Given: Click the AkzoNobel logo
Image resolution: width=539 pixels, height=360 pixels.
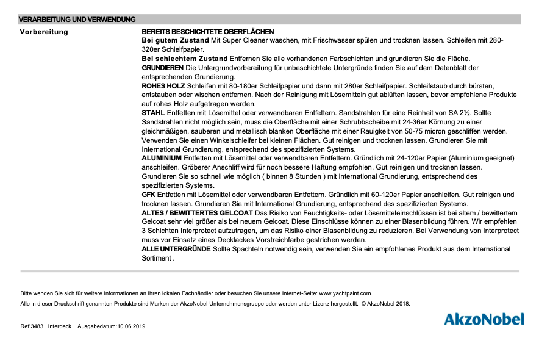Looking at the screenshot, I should point(484,319).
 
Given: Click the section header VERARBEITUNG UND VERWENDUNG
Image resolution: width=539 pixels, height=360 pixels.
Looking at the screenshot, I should point(77,20).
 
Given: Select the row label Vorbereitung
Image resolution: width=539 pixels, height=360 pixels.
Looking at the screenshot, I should point(44,31).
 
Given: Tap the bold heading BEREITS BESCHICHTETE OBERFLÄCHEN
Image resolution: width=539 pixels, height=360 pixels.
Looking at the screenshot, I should point(208,31).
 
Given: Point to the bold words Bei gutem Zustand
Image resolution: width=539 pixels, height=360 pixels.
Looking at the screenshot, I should point(176,40).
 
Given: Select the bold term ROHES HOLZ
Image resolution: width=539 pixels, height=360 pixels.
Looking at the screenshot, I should point(163,86).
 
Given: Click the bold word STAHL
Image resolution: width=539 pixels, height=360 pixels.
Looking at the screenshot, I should point(153,113).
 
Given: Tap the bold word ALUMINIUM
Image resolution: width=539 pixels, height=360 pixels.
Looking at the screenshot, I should point(162,158).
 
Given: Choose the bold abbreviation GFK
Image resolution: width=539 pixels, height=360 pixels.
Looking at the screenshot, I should point(149,195).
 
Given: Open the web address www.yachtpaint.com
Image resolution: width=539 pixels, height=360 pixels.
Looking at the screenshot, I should point(345,293).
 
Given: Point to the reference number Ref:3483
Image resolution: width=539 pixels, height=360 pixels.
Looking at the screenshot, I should point(32,326).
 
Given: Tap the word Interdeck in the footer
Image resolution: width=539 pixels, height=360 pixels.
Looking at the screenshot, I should point(60,326).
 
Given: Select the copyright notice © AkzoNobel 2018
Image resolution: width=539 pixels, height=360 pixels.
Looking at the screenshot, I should point(386,303).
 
